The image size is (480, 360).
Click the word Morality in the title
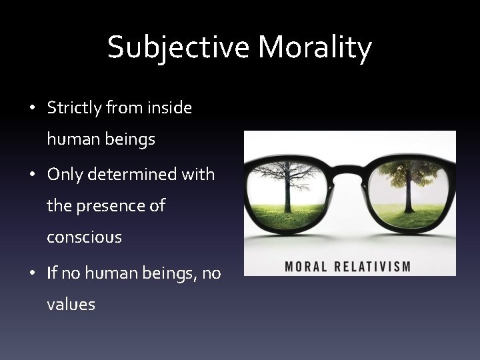point(315,48)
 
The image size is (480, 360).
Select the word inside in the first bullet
point(169,107)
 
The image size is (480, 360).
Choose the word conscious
point(84,237)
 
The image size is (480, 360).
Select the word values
point(71,305)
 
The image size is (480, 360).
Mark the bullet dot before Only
point(32,175)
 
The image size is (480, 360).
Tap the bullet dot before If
point(32,273)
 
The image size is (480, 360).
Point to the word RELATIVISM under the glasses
point(371,267)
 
